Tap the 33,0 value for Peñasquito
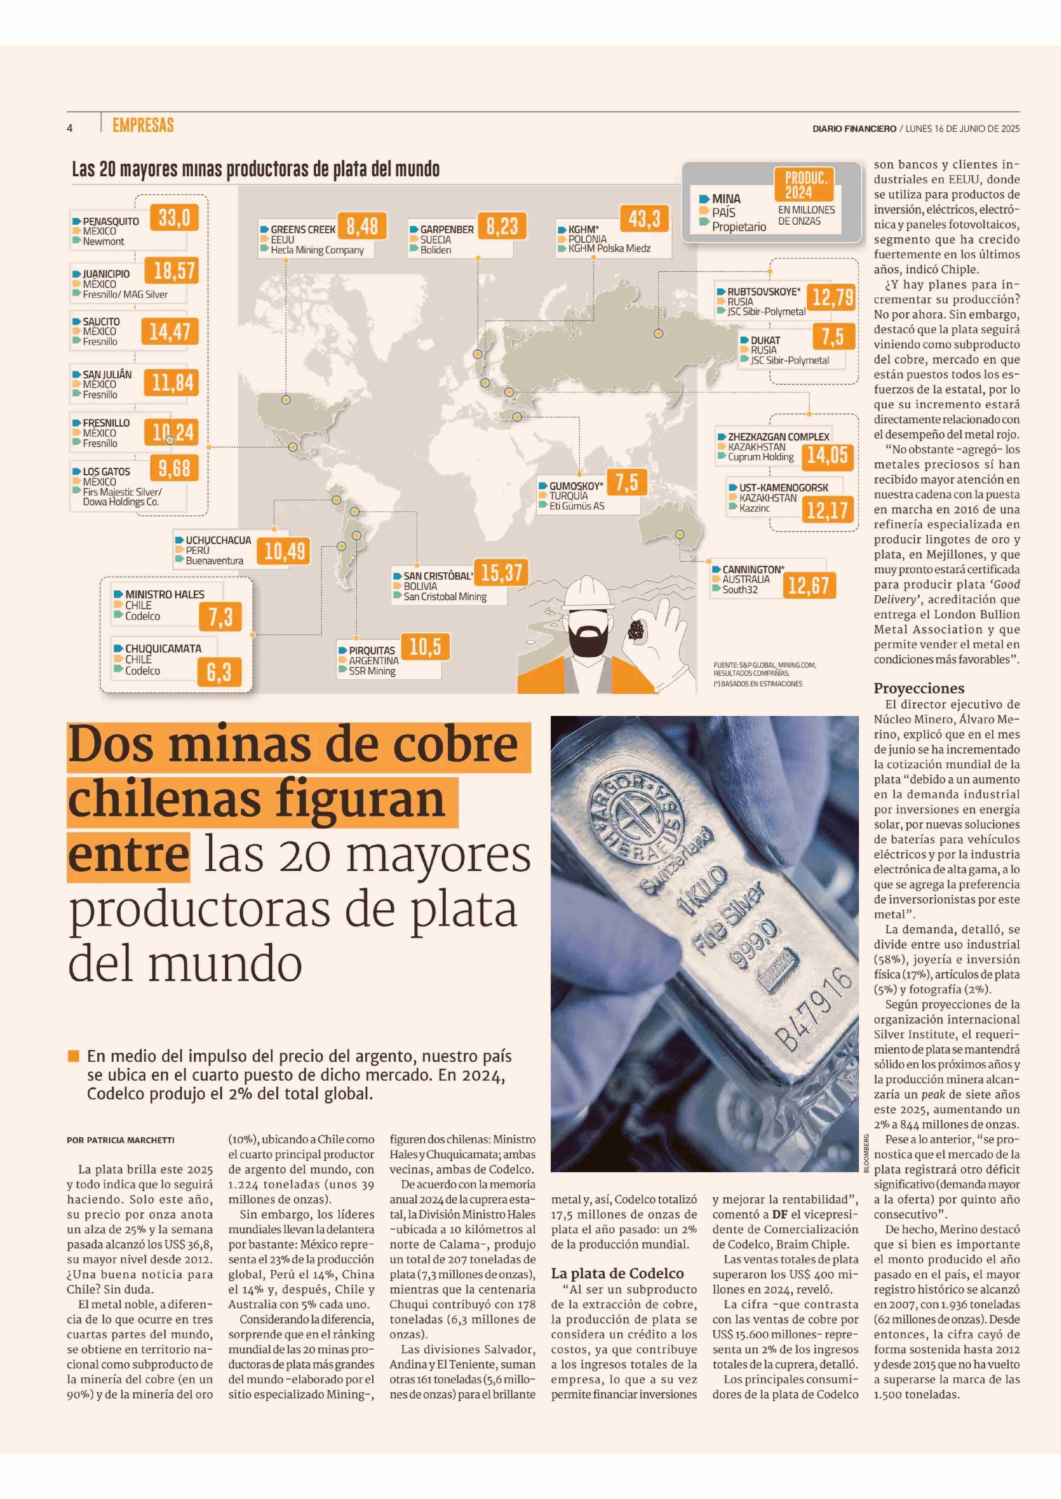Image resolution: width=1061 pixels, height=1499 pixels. point(174,217)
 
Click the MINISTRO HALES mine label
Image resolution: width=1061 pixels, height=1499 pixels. point(165,594)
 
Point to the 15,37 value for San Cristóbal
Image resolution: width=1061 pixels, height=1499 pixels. point(501,573)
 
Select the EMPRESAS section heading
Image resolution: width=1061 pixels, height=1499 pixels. point(143,125)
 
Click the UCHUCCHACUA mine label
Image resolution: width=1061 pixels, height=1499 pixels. point(218,540)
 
